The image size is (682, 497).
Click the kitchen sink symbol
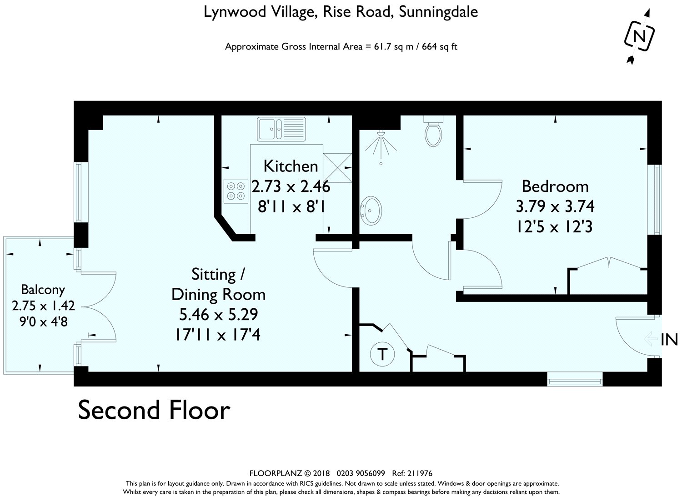coord(281,129)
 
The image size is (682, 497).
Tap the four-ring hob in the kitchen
coord(236,191)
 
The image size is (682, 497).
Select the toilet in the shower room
coord(433,131)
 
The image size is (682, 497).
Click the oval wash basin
coord(371,211)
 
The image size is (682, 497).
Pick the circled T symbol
coord(382,355)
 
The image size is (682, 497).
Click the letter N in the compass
coord(639,37)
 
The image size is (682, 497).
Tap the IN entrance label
coord(670,340)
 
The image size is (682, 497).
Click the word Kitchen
coord(291,166)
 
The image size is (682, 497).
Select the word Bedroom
coord(555,186)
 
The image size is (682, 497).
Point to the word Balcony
coord(43,290)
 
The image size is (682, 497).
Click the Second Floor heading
coord(154,410)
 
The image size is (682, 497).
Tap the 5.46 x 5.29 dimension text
coord(219,315)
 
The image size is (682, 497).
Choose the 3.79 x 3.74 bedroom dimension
coord(555,206)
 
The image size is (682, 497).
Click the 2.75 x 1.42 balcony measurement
coord(43,306)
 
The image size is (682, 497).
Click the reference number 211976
coord(420,473)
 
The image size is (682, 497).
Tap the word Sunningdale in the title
coord(438,12)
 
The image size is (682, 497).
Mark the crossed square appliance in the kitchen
coord(337,168)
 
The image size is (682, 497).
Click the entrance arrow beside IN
coord(651,339)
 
